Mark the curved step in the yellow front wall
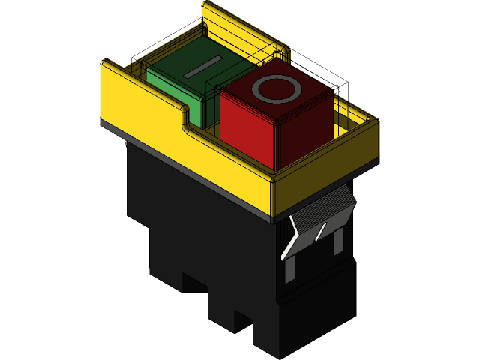tap(184, 120)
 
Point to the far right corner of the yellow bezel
tap(375, 121)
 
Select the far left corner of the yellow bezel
tap(105, 64)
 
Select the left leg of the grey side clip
tap(289, 262)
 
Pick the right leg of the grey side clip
tap(337, 240)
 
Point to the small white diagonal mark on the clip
tap(320, 232)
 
